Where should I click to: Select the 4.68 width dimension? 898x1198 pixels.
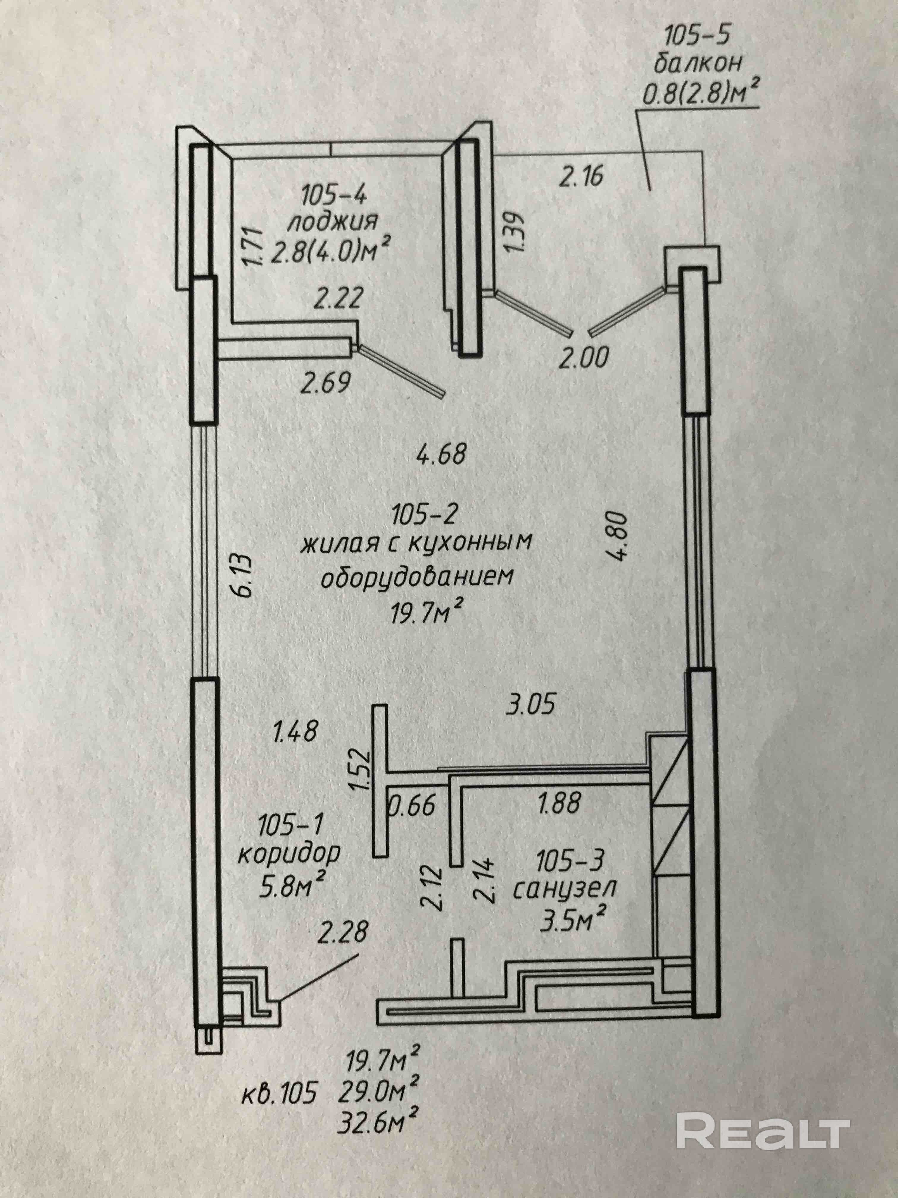(x=441, y=454)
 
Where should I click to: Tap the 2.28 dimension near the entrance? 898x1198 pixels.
(x=343, y=931)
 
